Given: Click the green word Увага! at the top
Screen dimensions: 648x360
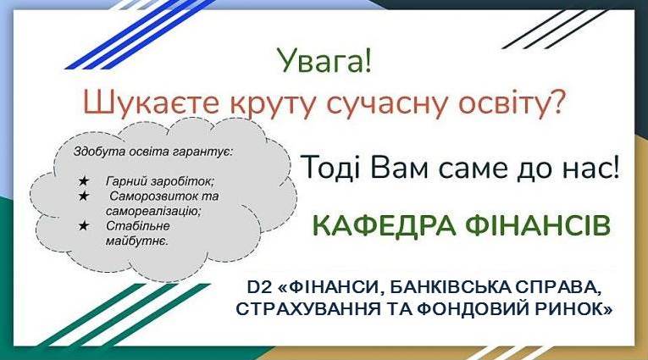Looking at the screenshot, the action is (324, 61).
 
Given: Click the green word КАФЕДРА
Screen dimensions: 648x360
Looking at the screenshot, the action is (384, 225).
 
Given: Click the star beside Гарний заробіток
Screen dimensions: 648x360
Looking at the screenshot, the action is (84, 181).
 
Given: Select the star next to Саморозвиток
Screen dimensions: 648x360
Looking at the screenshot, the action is (84, 196).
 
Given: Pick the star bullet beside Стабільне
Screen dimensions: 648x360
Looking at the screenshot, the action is (84, 225).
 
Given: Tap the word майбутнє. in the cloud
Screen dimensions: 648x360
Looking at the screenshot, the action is (136, 241).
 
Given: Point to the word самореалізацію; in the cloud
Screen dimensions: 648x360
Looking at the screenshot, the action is (153, 211).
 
